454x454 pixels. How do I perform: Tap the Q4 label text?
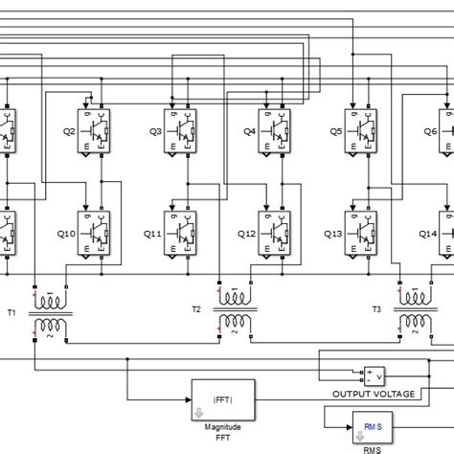click(249, 130)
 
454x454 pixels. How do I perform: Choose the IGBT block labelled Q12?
click(275, 233)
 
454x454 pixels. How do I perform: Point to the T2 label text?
click(195, 309)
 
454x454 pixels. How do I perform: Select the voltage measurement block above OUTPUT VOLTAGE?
click(371, 375)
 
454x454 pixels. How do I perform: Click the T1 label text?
click(12, 311)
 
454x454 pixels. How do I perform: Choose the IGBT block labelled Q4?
click(275, 129)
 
